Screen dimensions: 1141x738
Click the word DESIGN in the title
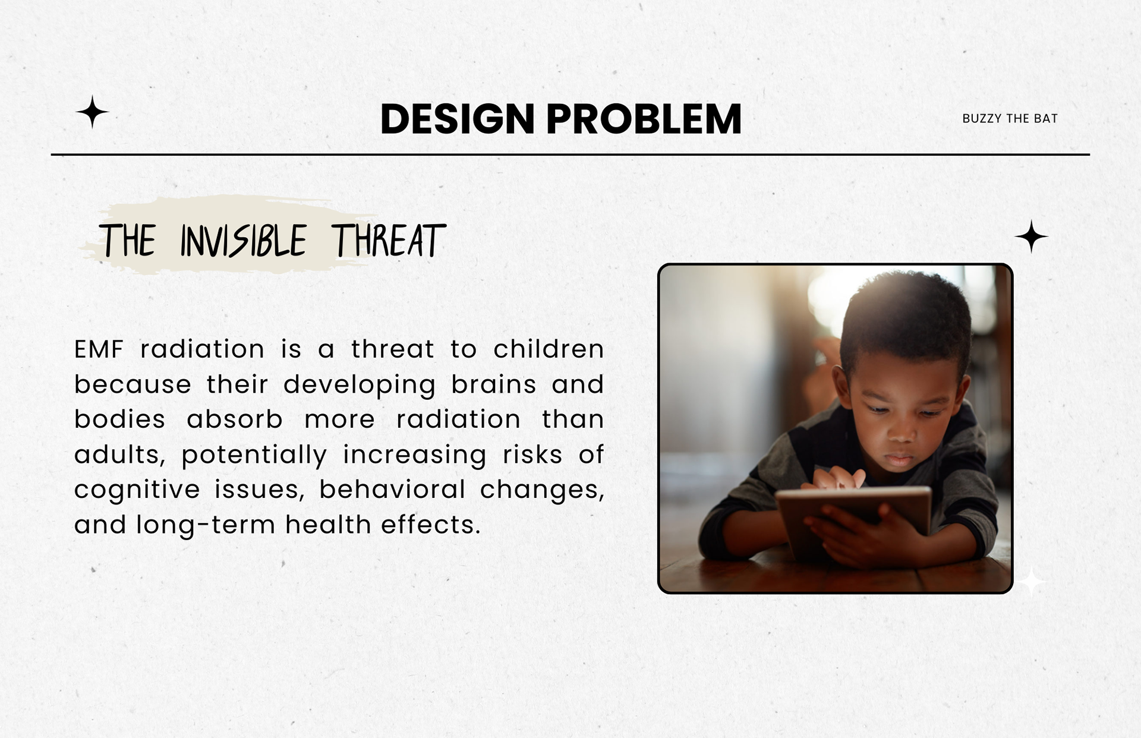click(x=458, y=119)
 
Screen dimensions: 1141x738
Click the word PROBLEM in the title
click(x=644, y=119)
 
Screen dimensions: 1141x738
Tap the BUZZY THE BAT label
click(x=1010, y=118)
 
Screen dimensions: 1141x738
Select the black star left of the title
click(x=92, y=112)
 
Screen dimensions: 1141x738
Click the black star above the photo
click(x=1031, y=236)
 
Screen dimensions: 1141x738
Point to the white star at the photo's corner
click(x=1031, y=581)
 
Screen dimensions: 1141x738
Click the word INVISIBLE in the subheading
click(x=243, y=241)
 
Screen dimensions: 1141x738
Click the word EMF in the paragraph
click(x=99, y=349)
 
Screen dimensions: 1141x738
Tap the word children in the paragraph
click(x=549, y=349)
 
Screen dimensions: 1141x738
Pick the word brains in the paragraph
click(x=493, y=384)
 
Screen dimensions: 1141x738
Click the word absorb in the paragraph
click(x=235, y=419)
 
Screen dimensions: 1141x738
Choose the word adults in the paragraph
click(x=119, y=455)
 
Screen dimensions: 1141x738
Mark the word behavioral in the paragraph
click(x=392, y=490)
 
